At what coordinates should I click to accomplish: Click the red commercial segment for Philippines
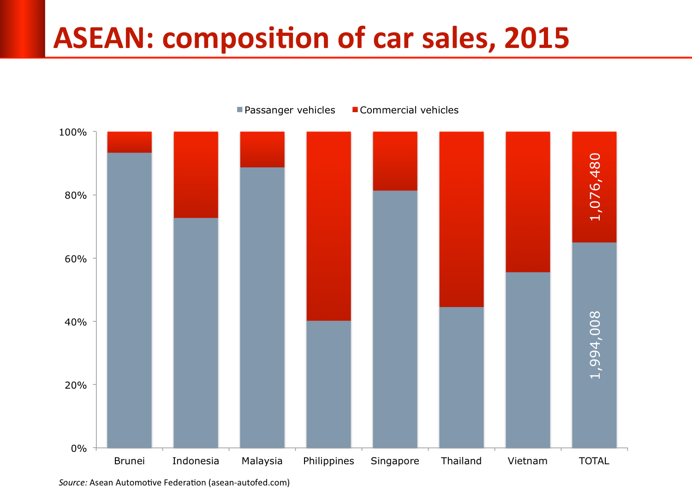(328, 226)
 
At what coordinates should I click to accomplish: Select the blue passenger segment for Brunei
(129, 300)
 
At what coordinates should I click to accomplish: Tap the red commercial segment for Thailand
(461, 219)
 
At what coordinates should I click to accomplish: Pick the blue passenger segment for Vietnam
(528, 360)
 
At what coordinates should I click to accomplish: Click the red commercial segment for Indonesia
(196, 174)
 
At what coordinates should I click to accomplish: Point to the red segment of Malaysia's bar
(262, 149)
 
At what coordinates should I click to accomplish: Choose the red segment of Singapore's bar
(395, 161)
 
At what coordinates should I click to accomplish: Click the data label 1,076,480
(595, 187)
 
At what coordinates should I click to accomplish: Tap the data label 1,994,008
(595, 345)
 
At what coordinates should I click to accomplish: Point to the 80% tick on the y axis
(76, 195)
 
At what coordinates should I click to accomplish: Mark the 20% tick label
(76, 385)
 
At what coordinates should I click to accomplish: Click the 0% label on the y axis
(78, 449)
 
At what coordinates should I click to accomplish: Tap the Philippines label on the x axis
(328, 461)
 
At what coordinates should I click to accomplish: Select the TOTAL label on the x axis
(594, 461)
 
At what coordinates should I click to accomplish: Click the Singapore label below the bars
(395, 461)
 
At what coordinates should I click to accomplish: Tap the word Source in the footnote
(72, 483)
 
